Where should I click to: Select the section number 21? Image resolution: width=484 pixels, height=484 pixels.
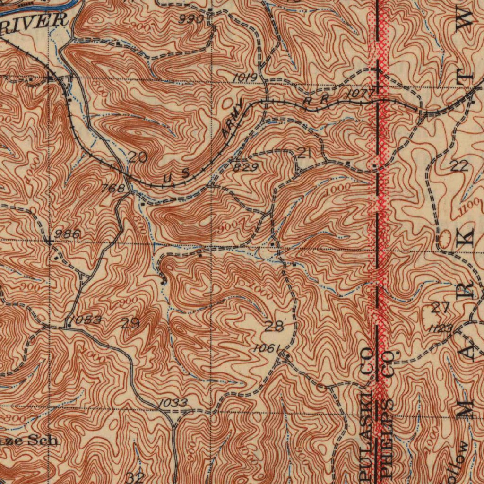(304, 152)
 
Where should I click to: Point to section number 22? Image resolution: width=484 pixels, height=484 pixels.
(458, 165)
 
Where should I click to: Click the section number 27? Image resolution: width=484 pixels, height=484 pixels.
(441, 308)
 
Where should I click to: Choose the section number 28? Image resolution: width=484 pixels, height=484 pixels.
(274, 326)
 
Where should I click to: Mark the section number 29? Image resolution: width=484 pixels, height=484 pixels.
(130, 324)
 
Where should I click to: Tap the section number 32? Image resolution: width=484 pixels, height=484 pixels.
(135, 476)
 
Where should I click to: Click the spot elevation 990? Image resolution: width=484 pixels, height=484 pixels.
(191, 19)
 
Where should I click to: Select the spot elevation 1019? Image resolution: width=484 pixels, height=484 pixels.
(245, 78)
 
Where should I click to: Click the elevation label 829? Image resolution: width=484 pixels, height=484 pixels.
(245, 167)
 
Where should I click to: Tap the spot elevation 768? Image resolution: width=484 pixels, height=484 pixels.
(113, 189)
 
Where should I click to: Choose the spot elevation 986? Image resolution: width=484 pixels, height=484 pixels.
(67, 234)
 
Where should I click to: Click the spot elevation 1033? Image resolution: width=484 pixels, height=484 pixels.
(173, 403)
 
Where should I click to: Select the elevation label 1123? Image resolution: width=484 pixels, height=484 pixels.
(441, 328)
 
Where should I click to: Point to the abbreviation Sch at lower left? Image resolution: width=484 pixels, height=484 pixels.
(43, 440)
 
